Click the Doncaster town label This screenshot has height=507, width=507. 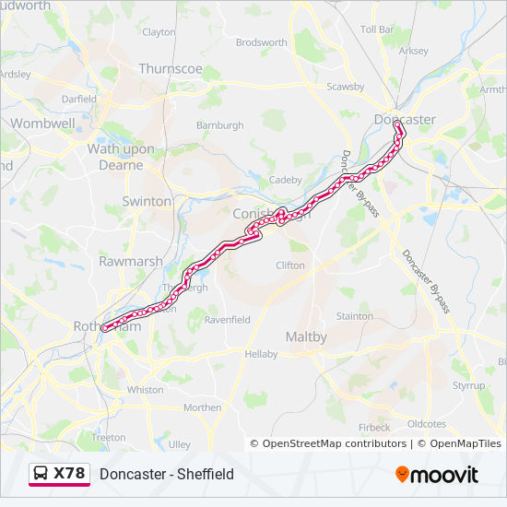click(405, 120)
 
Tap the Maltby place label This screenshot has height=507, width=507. click(306, 337)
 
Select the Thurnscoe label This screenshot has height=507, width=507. click(171, 68)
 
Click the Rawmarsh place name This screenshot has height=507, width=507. click(130, 262)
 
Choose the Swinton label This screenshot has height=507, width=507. click(147, 201)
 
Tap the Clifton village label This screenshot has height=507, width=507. click(290, 265)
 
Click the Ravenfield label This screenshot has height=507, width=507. click(227, 320)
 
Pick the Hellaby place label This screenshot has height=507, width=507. click(261, 354)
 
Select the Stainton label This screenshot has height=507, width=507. click(355, 316)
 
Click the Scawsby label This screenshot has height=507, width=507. click(346, 88)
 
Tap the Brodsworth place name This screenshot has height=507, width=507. click(262, 42)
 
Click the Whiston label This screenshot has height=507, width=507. click(145, 390)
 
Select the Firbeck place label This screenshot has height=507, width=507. click(374, 428)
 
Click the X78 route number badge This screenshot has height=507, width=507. click(69, 474)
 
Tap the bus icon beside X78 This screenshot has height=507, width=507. click(41, 474)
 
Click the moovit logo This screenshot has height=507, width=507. click(437, 475)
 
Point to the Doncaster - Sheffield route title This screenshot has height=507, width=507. click(167, 475)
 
